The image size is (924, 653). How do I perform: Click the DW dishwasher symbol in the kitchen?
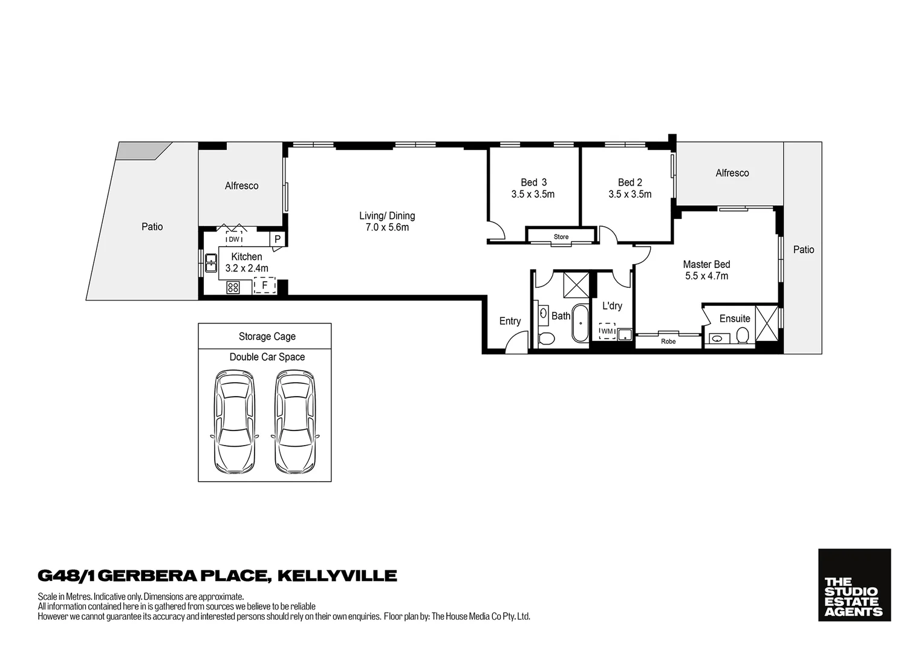tap(233, 239)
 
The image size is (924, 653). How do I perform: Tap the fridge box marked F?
tap(265, 285)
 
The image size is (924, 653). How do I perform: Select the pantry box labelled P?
tap(277, 239)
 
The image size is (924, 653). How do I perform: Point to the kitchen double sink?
tap(211, 264)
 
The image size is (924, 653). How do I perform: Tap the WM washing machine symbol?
tap(607, 331)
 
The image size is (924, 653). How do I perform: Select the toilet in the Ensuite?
tap(743, 336)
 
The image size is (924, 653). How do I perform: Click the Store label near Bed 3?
tap(561, 237)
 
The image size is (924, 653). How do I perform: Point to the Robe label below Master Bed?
tap(668, 342)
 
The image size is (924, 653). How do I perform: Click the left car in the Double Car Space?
tap(234, 421)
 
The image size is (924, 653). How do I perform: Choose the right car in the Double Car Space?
tap(295, 421)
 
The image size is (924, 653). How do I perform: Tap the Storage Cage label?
tap(267, 337)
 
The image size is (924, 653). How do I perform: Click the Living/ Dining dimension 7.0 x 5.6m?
tap(387, 228)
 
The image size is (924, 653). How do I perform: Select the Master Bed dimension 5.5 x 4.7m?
tap(706, 276)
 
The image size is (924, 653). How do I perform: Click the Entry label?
tap(510, 321)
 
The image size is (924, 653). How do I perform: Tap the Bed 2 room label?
tap(630, 183)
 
